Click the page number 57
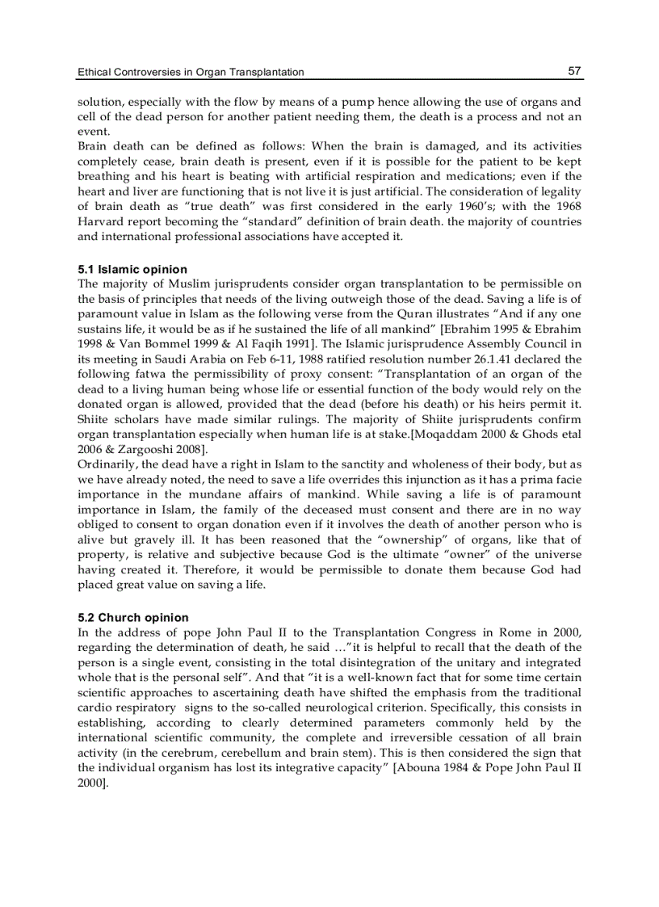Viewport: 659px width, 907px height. tap(574, 71)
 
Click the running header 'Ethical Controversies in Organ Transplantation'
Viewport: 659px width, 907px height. tap(191, 72)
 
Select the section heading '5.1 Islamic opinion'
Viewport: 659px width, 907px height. tap(132, 269)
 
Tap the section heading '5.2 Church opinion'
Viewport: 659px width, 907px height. tap(133, 617)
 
